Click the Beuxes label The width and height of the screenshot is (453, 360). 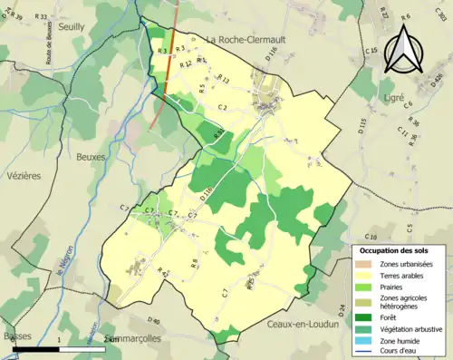[x=92, y=157]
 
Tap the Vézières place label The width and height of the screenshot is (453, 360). [x=24, y=176]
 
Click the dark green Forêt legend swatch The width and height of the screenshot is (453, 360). [x=367, y=316]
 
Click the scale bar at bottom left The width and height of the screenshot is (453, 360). [x=59, y=348]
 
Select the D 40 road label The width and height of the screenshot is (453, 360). [x=152, y=321]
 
